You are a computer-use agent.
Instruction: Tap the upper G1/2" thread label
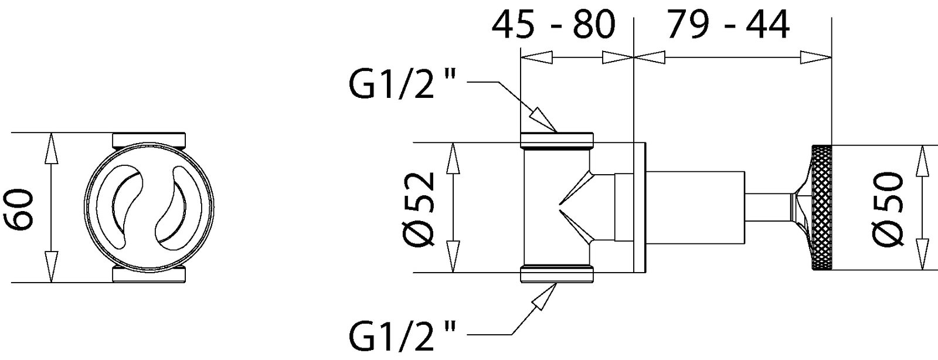point(402,86)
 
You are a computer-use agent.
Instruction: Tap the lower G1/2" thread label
point(402,336)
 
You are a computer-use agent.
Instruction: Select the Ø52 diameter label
point(419,208)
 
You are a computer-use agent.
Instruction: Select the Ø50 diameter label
point(888,208)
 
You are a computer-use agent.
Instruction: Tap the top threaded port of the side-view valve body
point(557,140)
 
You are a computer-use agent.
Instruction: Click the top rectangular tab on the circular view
point(149,140)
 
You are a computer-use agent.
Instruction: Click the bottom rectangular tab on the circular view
point(149,275)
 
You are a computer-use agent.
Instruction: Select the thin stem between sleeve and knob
point(768,208)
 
